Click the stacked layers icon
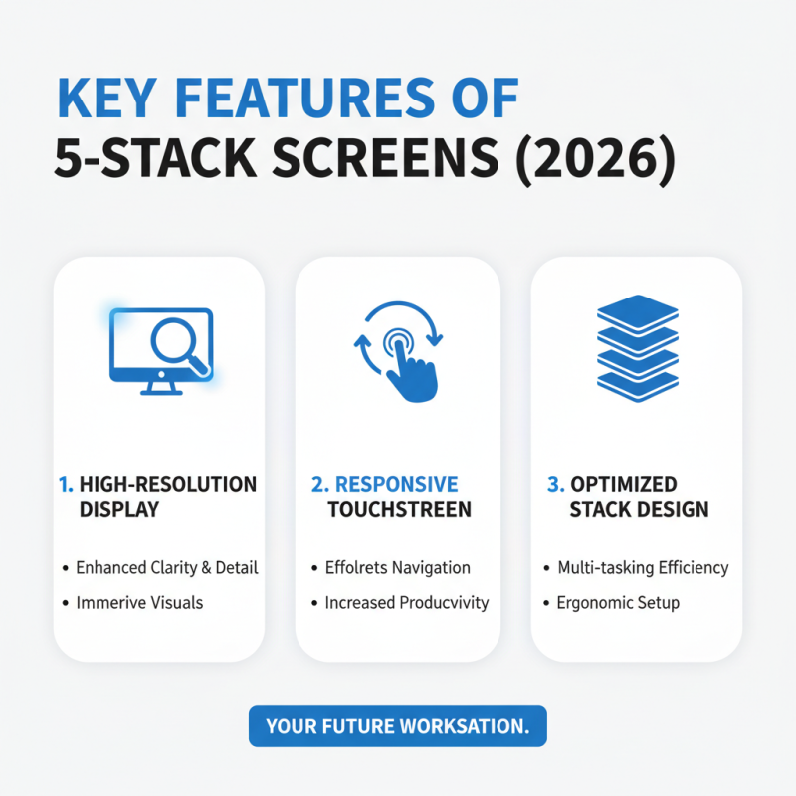pos(637,343)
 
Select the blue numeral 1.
pos(65,485)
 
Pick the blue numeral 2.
pos(319,485)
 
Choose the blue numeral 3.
pos(555,485)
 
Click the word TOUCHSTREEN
pos(400,510)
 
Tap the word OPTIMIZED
pos(624,485)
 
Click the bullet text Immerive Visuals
pos(139,603)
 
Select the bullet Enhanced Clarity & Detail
pos(166,568)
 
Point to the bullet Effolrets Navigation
pos(397,568)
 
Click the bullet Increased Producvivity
pos(407,603)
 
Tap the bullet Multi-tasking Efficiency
pos(643,568)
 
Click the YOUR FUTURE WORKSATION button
pos(397,727)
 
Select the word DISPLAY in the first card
pos(119,510)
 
